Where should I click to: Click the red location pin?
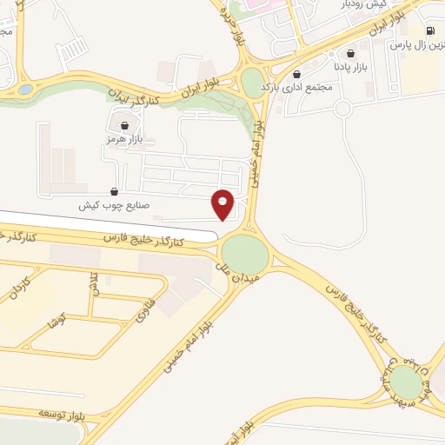[x=223, y=203]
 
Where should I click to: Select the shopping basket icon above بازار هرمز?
[x=123, y=124]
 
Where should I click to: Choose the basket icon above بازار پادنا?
[x=350, y=52]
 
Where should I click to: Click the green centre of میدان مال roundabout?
[x=246, y=254]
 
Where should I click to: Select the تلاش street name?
[x=93, y=282]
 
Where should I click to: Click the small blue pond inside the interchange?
[x=25, y=89]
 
